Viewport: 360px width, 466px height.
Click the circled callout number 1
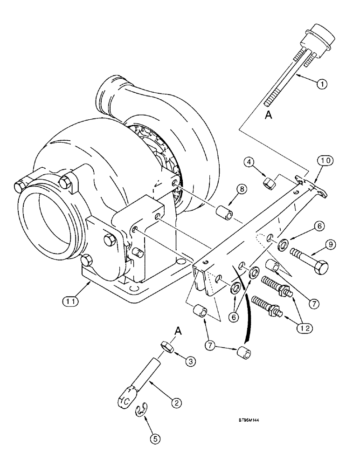click(320, 85)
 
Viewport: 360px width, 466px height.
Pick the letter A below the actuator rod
click(268, 115)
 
